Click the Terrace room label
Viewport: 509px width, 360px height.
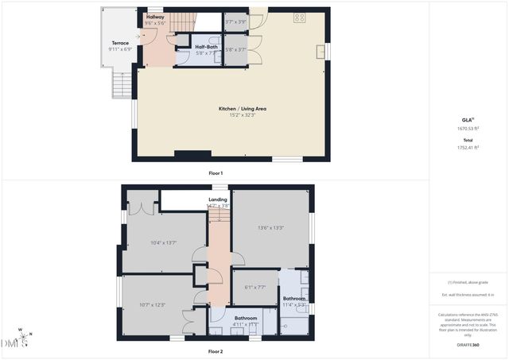point(120,43)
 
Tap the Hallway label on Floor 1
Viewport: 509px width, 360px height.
point(155,17)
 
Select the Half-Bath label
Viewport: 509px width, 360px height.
point(206,47)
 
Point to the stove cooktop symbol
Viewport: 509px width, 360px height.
point(300,17)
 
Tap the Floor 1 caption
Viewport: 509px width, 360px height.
point(216,172)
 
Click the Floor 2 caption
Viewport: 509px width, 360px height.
point(216,350)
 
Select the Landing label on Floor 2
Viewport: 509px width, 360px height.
point(219,199)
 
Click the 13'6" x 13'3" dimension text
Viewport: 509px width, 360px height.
point(271,228)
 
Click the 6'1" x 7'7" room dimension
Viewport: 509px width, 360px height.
point(254,288)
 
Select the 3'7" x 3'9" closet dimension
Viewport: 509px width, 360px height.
point(235,22)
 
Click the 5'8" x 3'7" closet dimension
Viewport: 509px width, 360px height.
point(235,49)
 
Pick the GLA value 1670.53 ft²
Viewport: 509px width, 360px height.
point(468,128)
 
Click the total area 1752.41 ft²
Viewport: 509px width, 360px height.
point(468,147)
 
